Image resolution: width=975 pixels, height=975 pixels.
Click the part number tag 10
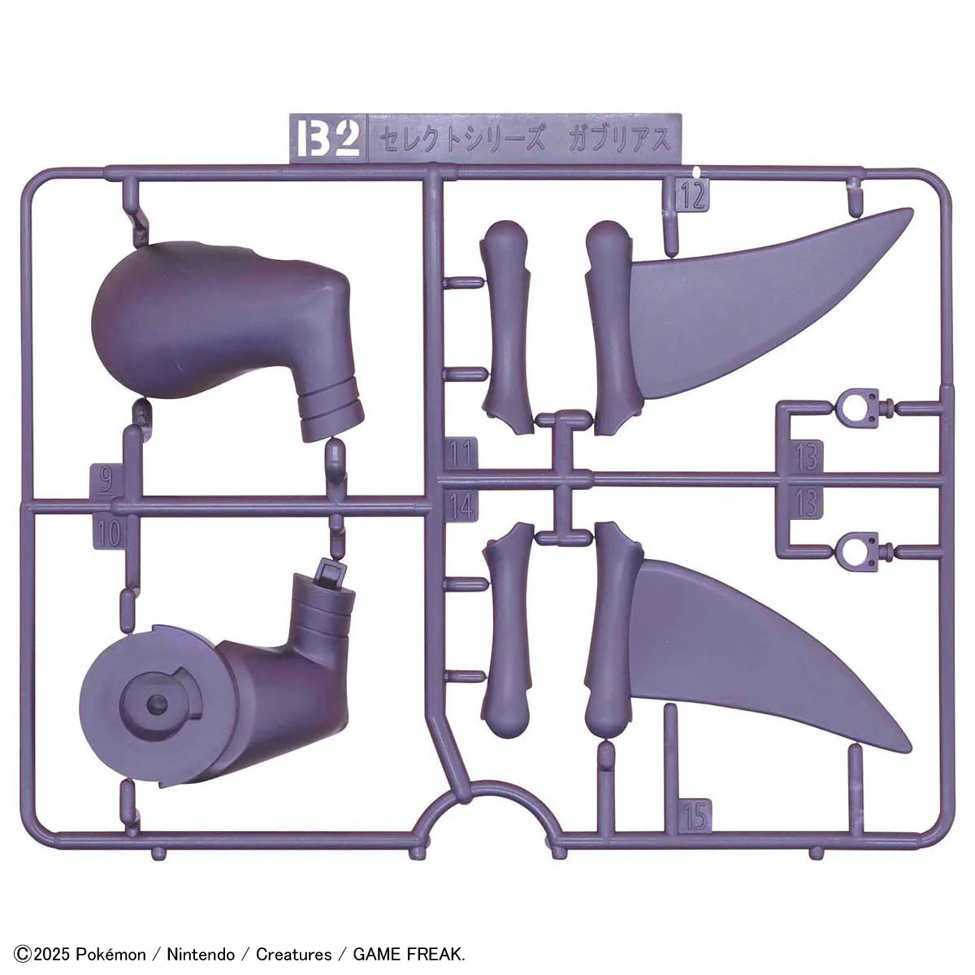click(x=109, y=533)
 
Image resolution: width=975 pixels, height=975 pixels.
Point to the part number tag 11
click(x=461, y=453)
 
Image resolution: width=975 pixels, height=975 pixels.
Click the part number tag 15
click(x=696, y=815)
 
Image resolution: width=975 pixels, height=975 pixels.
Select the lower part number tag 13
click(x=805, y=503)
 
